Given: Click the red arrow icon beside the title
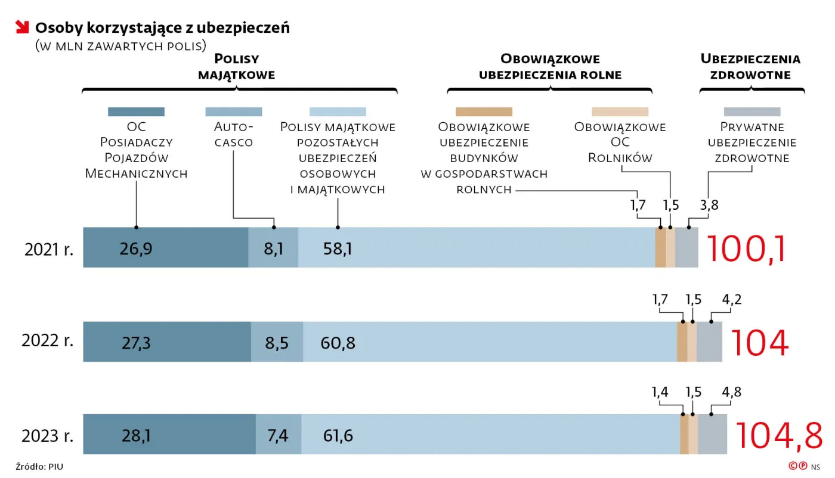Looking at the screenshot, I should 22,27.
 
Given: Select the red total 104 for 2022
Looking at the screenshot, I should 759,342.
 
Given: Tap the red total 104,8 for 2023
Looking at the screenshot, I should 778,435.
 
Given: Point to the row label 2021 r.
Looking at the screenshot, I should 49,249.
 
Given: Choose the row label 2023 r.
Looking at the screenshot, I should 48,436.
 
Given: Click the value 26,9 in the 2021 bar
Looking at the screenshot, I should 135,249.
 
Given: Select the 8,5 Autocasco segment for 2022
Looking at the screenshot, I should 277,342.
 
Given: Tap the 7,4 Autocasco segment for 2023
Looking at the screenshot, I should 278,435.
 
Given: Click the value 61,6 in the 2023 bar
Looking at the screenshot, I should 338,436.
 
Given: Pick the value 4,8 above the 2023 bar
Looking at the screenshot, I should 731,392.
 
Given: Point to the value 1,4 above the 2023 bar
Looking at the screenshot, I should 660,392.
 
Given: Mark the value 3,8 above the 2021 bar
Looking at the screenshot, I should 709,205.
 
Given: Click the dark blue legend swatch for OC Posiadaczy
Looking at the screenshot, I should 136,111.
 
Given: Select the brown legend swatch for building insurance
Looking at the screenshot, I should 484,111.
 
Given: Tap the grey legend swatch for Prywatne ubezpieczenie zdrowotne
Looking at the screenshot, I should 751,111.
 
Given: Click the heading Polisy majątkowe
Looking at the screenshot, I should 236,67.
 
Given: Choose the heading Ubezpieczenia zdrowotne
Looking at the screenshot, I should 750,67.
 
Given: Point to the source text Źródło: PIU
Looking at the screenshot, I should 39,467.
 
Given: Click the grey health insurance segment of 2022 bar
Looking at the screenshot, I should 709,342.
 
